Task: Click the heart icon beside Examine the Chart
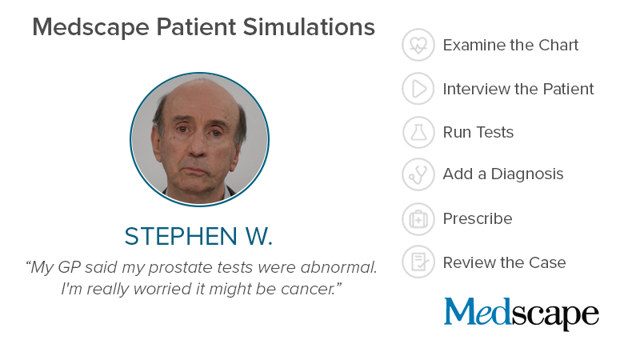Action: (418, 45)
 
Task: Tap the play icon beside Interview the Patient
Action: (418, 89)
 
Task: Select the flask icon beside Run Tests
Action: (418, 132)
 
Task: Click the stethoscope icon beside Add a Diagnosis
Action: (418, 174)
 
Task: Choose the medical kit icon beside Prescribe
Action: (418, 218)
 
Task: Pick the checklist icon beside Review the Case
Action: (418, 262)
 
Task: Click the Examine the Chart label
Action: (510, 45)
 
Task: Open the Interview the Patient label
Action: (518, 89)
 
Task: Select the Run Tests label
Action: (478, 132)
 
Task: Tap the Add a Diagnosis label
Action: (503, 174)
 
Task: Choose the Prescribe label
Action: (478, 218)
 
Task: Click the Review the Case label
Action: (505, 262)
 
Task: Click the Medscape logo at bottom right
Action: (522, 313)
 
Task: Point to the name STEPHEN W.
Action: (198, 237)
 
